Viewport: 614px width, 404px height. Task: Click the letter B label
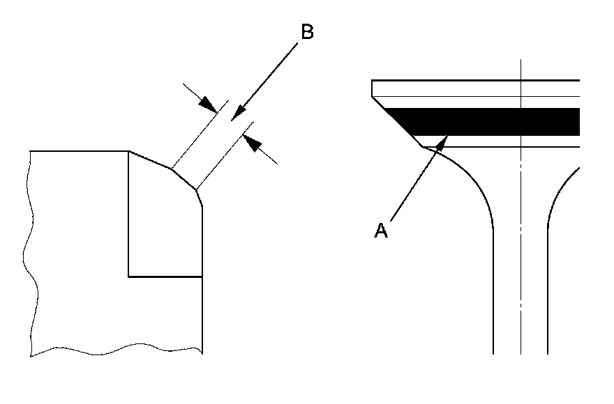coord(306,33)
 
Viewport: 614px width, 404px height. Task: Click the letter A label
coord(381,231)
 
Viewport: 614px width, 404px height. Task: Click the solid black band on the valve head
coord(488,122)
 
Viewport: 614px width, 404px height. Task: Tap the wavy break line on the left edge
coord(27,251)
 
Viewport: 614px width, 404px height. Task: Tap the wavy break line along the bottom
coord(119,348)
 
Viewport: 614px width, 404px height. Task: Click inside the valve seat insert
coord(164,223)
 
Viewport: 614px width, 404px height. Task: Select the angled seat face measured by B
coord(184,178)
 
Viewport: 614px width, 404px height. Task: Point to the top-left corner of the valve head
coord(373,81)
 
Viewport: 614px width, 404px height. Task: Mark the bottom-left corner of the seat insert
coord(129,277)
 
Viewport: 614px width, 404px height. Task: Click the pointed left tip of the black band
coord(385,109)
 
